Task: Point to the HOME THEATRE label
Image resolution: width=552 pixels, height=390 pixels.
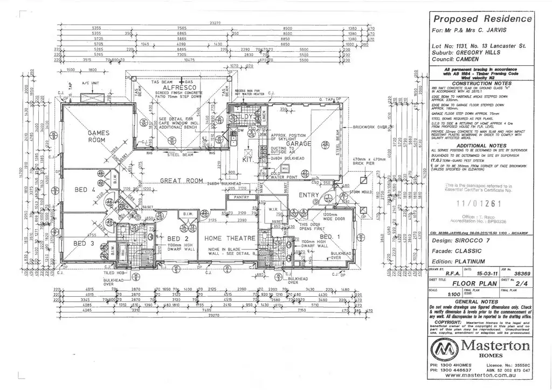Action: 226,238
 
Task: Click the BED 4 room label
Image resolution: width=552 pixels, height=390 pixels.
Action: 85,190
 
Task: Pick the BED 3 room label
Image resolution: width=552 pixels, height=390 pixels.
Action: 84,243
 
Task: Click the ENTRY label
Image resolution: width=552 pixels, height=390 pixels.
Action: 309,195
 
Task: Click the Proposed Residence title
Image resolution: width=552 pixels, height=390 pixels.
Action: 483,18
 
